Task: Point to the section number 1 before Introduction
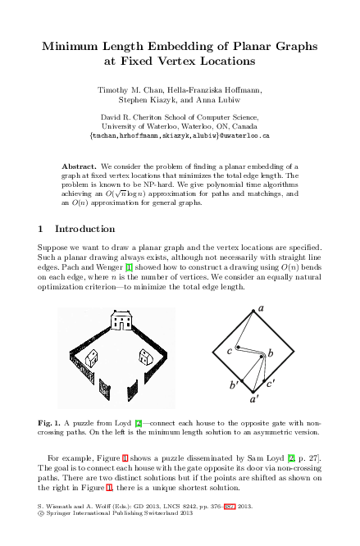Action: tap(42, 228)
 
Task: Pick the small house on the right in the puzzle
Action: tap(147, 355)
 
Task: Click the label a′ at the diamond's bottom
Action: tap(255, 399)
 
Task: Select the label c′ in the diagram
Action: tap(271, 382)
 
